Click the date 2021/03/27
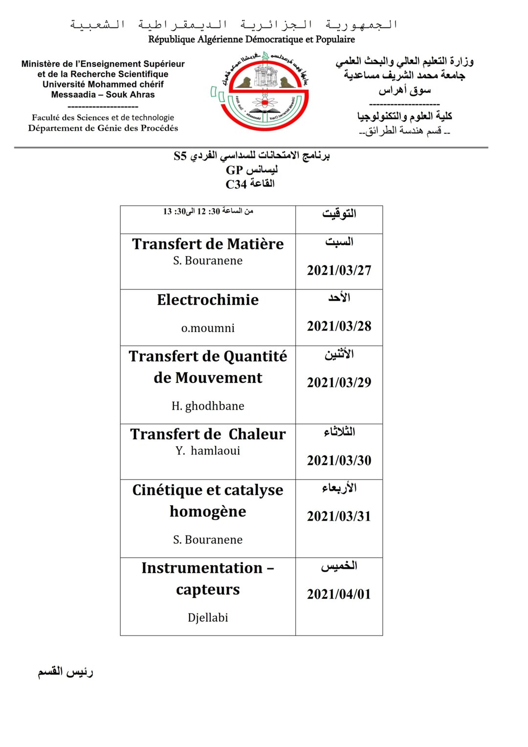pos(339,270)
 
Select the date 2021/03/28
pos(339,326)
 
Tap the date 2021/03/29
pos(339,382)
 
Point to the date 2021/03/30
pos(339,461)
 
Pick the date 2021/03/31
pos(339,516)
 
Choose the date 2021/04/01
pos(339,594)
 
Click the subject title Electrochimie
pos(208,300)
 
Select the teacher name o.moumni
pos(208,328)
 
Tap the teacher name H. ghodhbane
pos(208,406)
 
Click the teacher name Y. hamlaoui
pos(208,451)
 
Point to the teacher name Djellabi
pos(208,617)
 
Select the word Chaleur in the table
pos(257,434)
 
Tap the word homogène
pos(208,512)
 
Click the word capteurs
pos(208,590)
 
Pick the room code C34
pos(236,184)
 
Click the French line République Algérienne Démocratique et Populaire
pos(251,39)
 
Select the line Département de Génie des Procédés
pos(103,128)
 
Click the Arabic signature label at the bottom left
pos(66,672)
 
